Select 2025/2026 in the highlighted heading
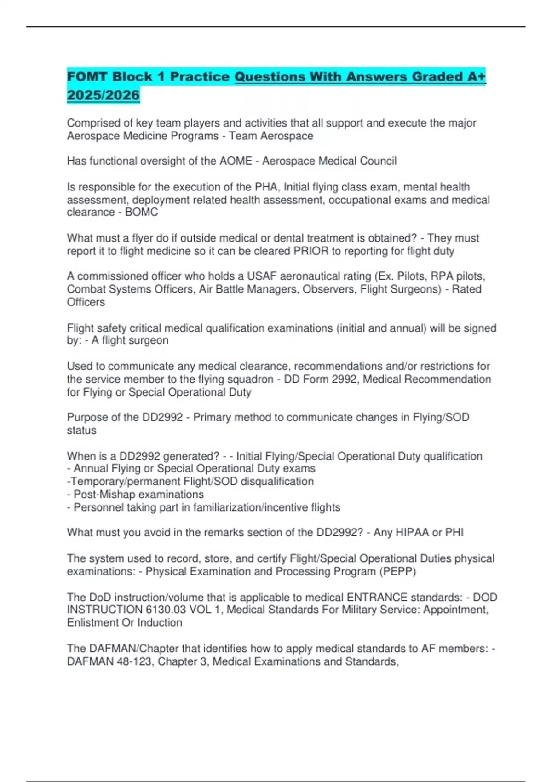pos(103,95)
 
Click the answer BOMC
pos(142,212)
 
